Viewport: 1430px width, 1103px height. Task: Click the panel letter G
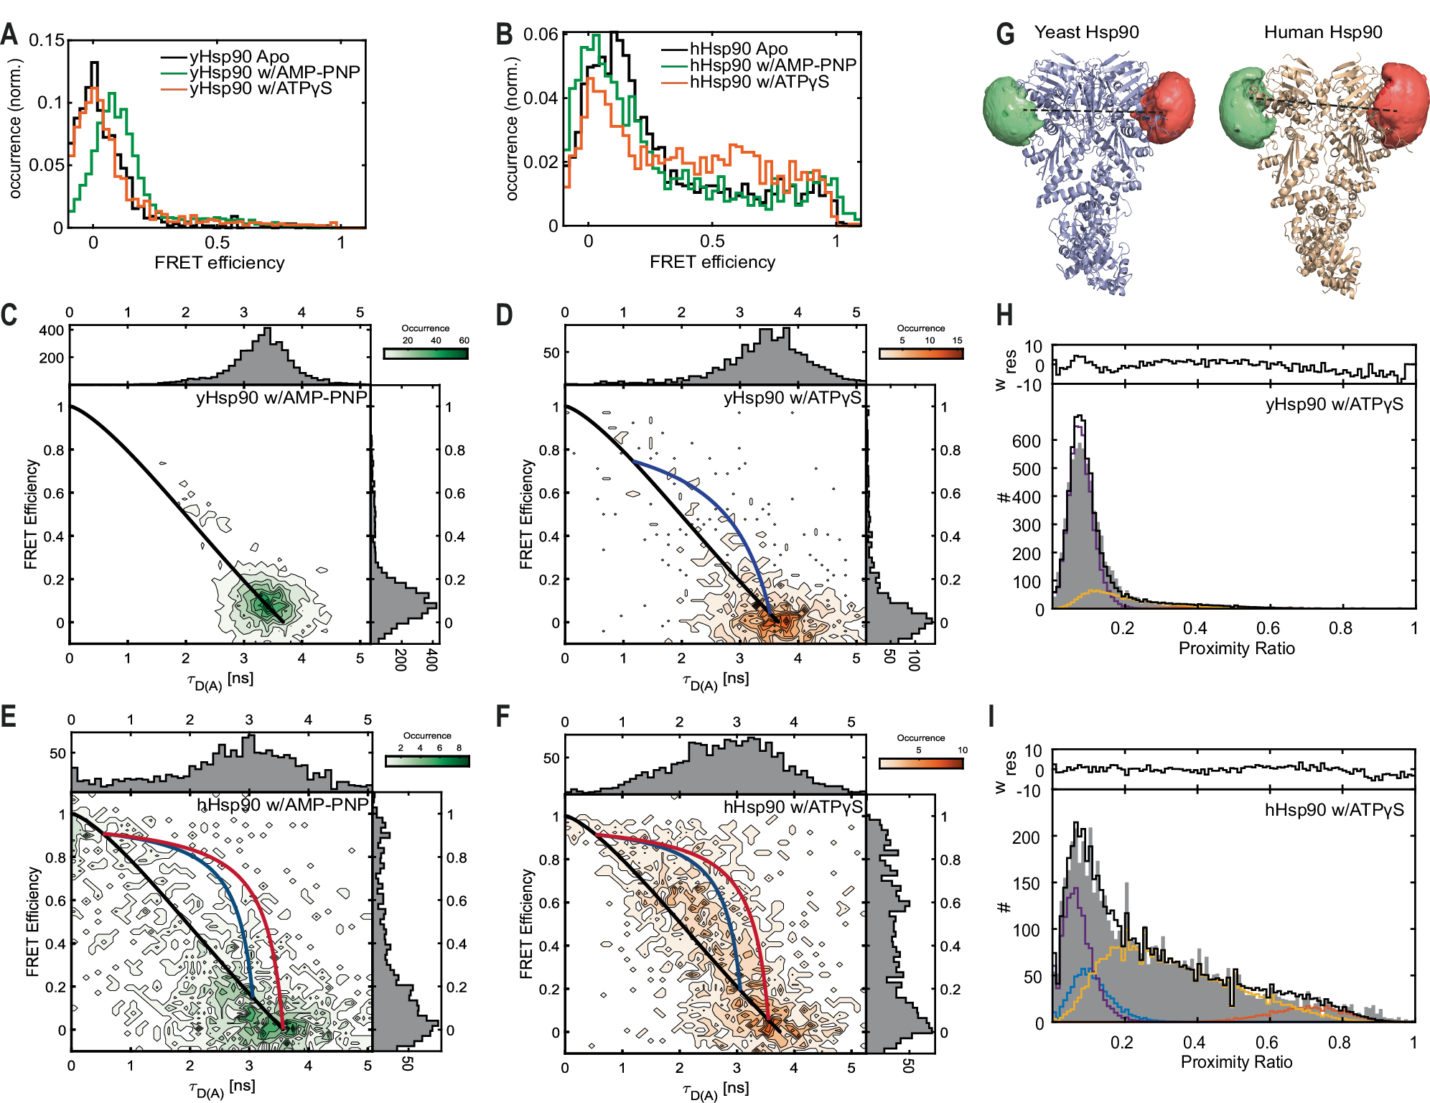tap(1006, 34)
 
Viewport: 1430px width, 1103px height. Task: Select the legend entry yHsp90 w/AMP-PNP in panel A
tap(274, 73)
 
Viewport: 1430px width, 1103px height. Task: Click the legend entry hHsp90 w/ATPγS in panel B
tap(759, 82)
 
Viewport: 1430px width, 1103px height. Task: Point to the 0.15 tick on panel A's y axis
tap(47, 39)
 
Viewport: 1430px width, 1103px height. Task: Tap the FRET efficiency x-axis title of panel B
tap(712, 262)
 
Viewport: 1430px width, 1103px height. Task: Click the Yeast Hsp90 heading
tap(1086, 32)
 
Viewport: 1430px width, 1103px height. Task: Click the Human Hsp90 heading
tap(1322, 32)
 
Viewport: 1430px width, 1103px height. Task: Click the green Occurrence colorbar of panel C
tap(426, 353)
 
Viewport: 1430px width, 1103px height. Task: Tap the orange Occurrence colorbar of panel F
tap(921, 763)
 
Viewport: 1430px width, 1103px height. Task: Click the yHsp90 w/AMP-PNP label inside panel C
tap(281, 397)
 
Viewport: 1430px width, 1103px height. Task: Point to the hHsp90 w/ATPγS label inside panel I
tap(1334, 810)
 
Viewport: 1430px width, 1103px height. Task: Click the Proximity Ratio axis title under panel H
tap(1236, 648)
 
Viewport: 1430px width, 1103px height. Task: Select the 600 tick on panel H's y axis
tap(1026, 441)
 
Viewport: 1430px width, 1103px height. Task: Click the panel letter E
tap(9, 717)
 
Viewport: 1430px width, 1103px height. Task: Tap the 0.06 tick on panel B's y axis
tap(541, 34)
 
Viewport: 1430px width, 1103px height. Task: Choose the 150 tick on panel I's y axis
tap(1026, 884)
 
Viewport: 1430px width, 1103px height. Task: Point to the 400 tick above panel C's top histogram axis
tap(51, 330)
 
